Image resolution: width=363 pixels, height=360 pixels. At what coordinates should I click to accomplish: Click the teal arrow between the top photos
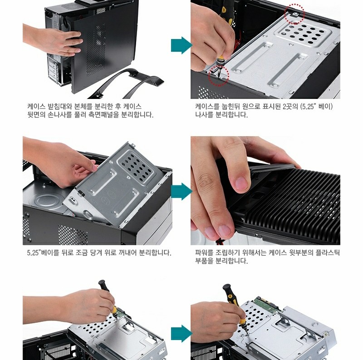[x=181, y=45]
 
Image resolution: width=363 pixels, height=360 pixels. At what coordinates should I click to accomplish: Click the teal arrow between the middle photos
[x=181, y=192]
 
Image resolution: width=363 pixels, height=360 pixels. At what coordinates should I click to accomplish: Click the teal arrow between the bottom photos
[x=181, y=334]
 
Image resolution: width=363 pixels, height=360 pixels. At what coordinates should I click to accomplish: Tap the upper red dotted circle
[x=294, y=14]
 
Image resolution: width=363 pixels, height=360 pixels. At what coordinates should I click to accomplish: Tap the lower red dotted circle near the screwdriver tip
[x=219, y=75]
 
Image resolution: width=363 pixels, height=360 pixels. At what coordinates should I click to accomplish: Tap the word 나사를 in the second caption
[x=204, y=114]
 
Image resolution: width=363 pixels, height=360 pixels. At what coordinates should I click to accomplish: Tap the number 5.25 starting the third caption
[x=33, y=253]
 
